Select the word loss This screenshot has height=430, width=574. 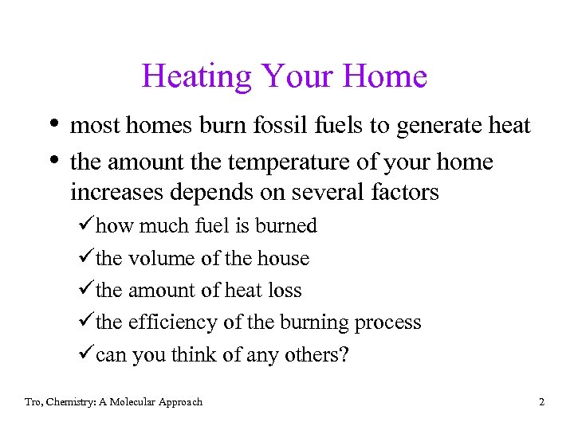tap(285, 291)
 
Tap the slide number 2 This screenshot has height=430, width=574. tap(541, 402)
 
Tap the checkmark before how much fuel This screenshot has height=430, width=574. tap(88, 226)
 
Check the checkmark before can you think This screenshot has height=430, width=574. tap(88, 355)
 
